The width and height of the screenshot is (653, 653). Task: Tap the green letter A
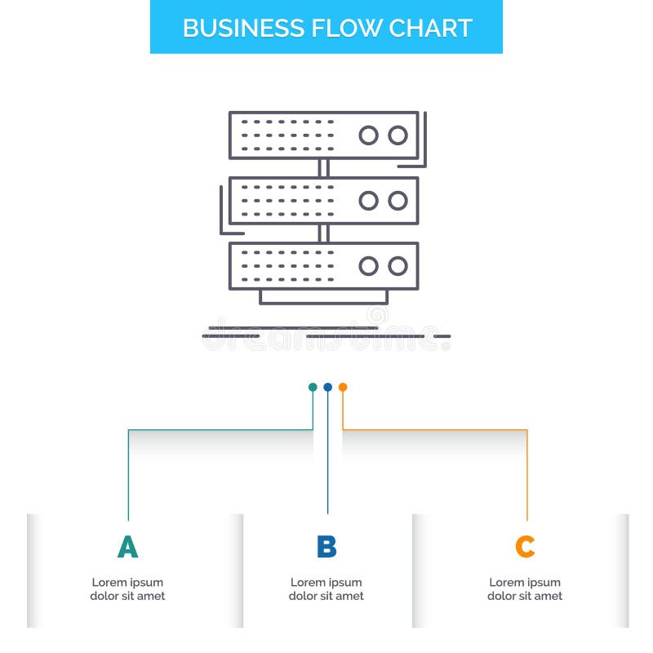(x=127, y=547)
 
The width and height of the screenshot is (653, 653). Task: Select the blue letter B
(x=326, y=547)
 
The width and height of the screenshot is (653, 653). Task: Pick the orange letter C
(x=525, y=547)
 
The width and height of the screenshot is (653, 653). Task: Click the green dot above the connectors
(x=313, y=387)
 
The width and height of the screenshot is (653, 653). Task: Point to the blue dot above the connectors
(x=327, y=387)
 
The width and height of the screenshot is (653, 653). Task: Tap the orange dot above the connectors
(x=343, y=387)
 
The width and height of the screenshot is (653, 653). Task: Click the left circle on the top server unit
(x=369, y=135)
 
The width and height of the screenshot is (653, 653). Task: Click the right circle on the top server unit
(x=398, y=135)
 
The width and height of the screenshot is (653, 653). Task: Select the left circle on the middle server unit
(x=369, y=201)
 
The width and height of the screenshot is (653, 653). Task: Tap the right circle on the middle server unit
(x=398, y=201)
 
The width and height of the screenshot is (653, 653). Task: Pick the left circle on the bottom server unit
(x=369, y=266)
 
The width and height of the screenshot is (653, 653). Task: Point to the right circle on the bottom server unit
(x=398, y=266)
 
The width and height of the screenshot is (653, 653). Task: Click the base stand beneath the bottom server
(x=323, y=297)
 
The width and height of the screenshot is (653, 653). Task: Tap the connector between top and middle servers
(x=323, y=168)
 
